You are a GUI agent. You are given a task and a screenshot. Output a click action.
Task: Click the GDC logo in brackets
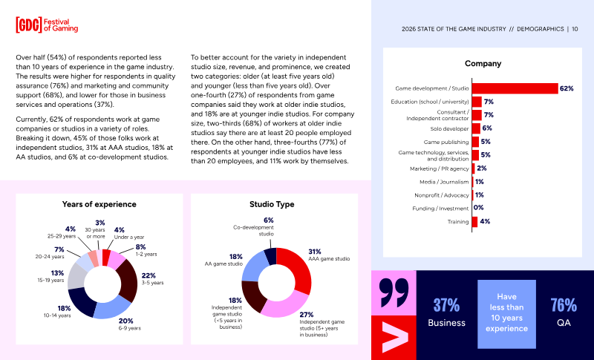29,25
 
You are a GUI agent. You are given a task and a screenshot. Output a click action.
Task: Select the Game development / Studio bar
515,88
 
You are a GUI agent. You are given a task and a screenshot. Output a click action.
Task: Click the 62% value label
567,88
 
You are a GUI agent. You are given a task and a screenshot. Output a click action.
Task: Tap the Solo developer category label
449,128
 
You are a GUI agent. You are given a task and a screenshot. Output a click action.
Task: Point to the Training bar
474,221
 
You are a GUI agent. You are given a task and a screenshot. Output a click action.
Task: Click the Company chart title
483,64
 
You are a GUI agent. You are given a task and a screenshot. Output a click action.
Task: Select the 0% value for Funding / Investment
478,208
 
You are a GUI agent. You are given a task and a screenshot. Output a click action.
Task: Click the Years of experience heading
99,204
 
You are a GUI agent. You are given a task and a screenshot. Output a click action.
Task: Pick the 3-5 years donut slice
128,280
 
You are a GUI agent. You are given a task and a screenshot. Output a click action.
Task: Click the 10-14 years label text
57,315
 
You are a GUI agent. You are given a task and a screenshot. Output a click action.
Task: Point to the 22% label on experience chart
148,275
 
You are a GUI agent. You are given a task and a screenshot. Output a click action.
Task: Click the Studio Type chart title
272,204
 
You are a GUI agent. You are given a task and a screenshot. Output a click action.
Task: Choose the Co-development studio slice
271,255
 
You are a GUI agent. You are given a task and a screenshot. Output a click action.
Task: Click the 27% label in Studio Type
307,315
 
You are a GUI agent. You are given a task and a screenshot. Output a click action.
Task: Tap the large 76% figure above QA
564,305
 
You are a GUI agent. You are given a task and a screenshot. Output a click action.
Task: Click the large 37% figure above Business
446,305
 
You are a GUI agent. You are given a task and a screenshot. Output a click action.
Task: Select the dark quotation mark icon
394,292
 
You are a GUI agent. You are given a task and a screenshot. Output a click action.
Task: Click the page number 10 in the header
575,29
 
